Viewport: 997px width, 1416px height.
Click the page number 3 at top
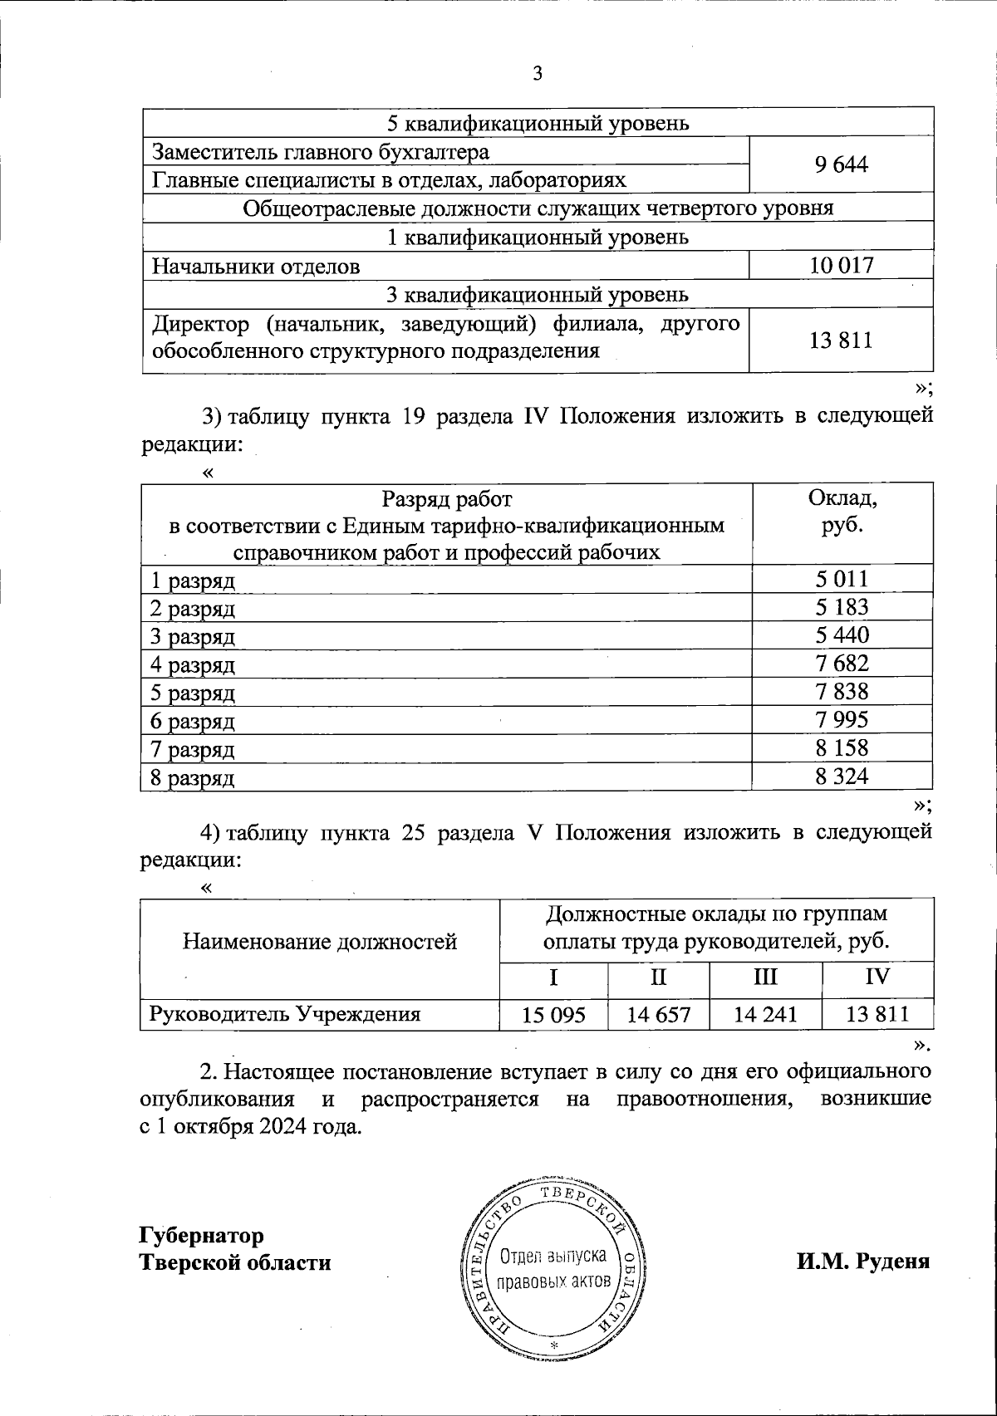pyautogui.click(x=537, y=74)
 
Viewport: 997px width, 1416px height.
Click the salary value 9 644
pyautogui.click(x=841, y=165)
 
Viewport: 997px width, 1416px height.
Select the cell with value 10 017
pyautogui.click(x=841, y=266)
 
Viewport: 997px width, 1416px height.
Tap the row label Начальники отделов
pyautogui.click(x=256, y=267)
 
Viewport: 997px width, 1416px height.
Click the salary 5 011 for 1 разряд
pyautogui.click(x=841, y=579)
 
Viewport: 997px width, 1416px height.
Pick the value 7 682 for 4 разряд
pyautogui.click(x=841, y=664)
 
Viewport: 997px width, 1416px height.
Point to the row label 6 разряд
pyautogui.click(x=192, y=722)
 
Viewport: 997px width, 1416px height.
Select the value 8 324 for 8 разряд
pyautogui.click(x=841, y=777)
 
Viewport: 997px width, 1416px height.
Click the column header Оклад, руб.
pyautogui.click(x=841, y=512)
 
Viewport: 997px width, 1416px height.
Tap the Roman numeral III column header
pyautogui.click(x=764, y=976)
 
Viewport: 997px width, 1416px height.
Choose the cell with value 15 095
pyautogui.click(x=553, y=1014)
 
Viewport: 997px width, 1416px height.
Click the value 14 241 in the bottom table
pyautogui.click(x=764, y=1014)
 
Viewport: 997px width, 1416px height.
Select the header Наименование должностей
pyautogui.click(x=320, y=942)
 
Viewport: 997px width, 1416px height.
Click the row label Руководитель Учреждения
pyautogui.click(x=285, y=1014)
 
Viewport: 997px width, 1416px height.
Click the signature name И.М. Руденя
pyautogui.click(x=863, y=1262)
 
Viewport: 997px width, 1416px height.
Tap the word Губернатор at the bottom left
pyautogui.click(x=202, y=1235)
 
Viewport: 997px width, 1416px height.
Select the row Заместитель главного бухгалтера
pyautogui.click(x=320, y=152)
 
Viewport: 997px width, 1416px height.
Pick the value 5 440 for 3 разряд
pyautogui.click(x=841, y=635)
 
